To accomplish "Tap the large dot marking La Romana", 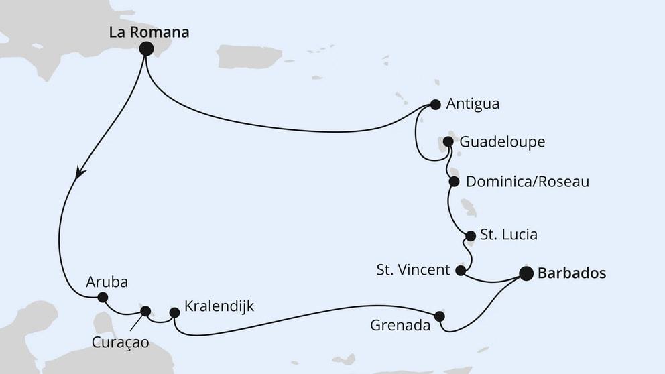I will point(145,48).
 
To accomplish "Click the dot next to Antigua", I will point(436,105).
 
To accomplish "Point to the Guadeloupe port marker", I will point(448,142).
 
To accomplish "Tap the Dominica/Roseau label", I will point(527,182).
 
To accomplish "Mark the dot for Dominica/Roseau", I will point(453,182).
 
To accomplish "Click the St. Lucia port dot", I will point(470,235).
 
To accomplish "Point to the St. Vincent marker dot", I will point(461,271).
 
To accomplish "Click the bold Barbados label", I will point(572,273).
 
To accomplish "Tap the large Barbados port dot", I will point(526,273).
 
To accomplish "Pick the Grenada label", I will point(400,326).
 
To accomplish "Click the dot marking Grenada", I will point(440,316).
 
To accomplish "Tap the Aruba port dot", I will point(103,297).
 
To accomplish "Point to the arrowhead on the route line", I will point(79,173).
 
